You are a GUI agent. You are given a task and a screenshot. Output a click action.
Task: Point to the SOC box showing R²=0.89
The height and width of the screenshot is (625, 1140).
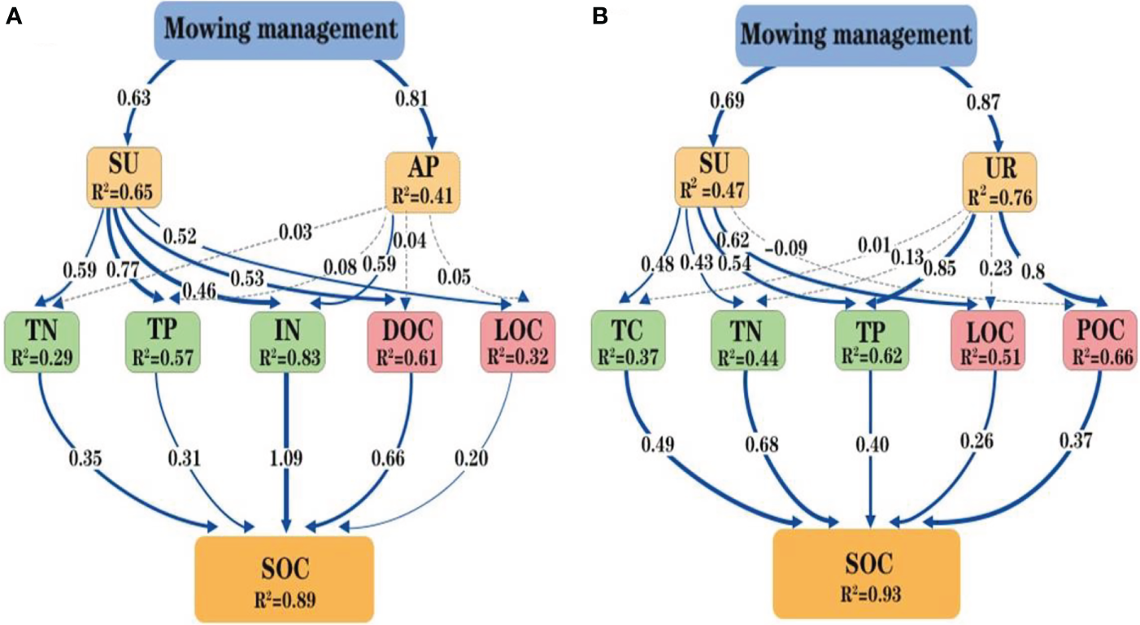(284, 579)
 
